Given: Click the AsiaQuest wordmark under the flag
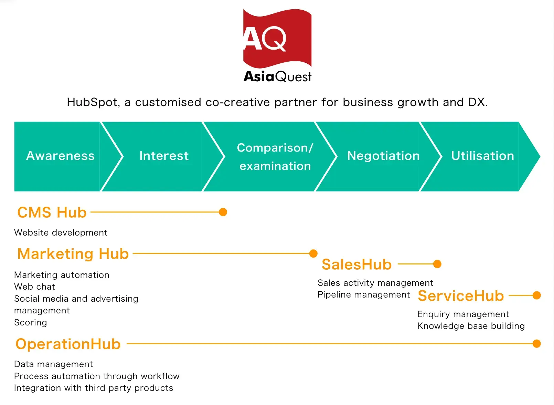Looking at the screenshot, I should (x=277, y=76).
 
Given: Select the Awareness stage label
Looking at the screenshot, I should (x=60, y=156).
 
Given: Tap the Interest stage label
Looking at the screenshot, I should (x=164, y=156).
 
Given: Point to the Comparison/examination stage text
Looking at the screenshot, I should (x=275, y=157).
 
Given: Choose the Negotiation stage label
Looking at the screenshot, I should (x=383, y=156).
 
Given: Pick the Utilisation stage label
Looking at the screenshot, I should (x=482, y=156).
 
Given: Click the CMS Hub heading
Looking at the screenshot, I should (x=52, y=212).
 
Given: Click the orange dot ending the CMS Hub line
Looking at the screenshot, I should (x=223, y=212).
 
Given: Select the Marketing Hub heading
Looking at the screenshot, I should (x=73, y=254).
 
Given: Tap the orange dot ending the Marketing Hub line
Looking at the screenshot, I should (x=313, y=253).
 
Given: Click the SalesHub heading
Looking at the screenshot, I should (x=356, y=264).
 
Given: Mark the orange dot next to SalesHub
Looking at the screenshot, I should (x=437, y=264).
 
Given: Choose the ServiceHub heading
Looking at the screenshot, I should (x=461, y=296).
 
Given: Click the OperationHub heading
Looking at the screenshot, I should (x=68, y=344).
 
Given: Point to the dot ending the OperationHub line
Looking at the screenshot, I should (x=536, y=344).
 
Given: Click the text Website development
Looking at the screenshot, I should (x=61, y=232).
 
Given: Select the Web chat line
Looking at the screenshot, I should (x=34, y=287).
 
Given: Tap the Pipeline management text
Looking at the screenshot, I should (x=364, y=295).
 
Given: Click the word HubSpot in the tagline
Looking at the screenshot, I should (x=93, y=102).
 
